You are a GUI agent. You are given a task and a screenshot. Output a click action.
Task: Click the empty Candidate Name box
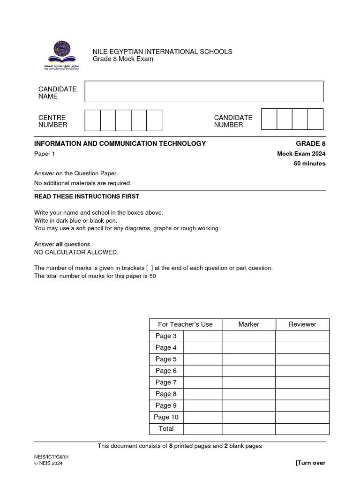point(204,91)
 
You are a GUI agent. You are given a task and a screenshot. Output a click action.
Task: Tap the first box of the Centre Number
point(92,120)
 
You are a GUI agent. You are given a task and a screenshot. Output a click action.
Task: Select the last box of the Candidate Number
point(315,119)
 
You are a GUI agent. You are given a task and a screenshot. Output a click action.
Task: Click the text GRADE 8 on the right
point(310,143)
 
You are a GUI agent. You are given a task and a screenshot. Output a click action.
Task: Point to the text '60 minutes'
point(309,164)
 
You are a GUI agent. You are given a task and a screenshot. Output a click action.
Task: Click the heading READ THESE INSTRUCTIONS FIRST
point(87,196)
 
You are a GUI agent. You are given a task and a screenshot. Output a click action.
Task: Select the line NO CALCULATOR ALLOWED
point(76,252)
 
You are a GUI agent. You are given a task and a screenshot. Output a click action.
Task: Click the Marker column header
point(248,324)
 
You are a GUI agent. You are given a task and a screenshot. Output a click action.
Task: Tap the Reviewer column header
point(302,324)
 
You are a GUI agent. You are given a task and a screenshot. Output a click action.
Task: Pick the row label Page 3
point(166,336)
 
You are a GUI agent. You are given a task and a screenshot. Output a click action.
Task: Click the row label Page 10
point(166,417)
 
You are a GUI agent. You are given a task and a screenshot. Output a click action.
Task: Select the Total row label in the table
point(166,429)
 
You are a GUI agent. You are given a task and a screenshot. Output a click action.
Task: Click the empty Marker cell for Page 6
point(248,371)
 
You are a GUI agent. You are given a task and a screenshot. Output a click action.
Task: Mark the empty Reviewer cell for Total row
point(302,429)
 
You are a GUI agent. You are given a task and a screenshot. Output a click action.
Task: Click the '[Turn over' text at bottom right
point(310,463)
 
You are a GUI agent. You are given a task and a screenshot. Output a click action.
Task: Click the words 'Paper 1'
point(45,154)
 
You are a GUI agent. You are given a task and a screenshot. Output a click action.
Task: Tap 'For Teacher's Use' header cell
point(185,324)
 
